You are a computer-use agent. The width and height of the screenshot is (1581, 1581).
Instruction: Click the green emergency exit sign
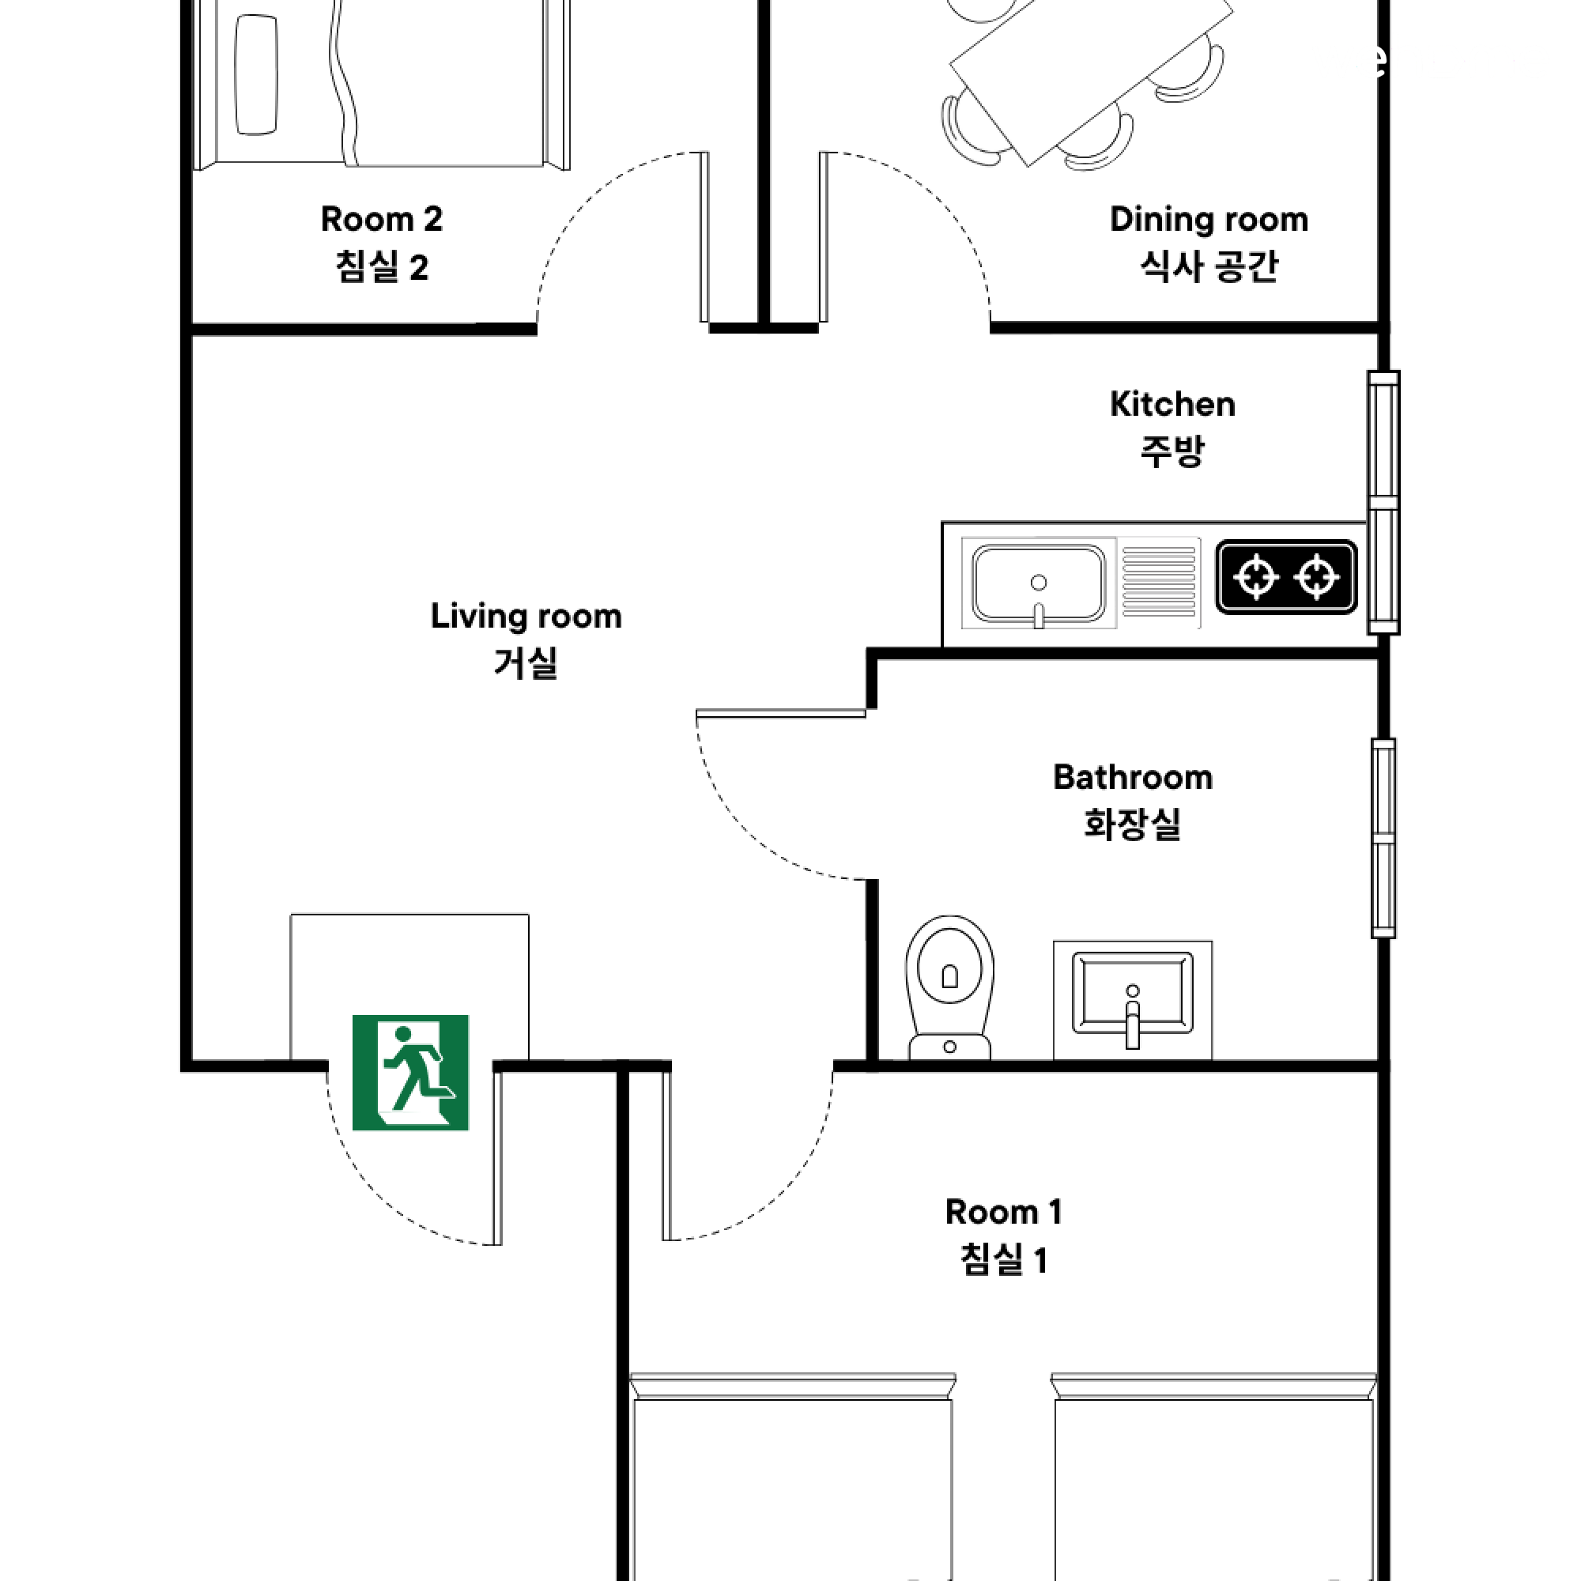click(x=410, y=1072)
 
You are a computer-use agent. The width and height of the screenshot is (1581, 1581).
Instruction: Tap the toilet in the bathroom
click(x=949, y=987)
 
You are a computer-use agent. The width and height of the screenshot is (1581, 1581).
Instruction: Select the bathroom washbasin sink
click(x=1133, y=1000)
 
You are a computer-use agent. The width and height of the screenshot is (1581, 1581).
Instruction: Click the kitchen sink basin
click(x=1039, y=583)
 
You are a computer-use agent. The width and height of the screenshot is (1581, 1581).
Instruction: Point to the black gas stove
click(x=1286, y=577)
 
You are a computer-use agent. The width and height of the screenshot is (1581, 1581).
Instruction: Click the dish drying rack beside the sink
click(x=1159, y=582)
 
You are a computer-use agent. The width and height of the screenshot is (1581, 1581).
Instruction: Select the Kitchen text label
click(x=1172, y=404)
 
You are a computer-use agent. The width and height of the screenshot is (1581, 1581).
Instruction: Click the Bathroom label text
click(x=1133, y=777)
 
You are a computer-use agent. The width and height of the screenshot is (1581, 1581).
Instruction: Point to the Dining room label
click(x=1209, y=219)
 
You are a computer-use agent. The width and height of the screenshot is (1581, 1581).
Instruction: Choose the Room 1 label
click(x=1003, y=1212)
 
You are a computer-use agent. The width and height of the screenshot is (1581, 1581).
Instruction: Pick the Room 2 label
click(x=381, y=219)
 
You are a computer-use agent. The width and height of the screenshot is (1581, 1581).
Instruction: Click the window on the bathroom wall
click(x=1383, y=838)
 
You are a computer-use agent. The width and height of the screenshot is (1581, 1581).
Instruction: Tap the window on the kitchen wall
click(x=1383, y=503)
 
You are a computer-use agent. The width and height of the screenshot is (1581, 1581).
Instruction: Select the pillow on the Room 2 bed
click(x=255, y=74)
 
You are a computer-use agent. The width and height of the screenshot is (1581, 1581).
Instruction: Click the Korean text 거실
click(x=526, y=663)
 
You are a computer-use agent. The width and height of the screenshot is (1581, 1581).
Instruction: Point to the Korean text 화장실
click(x=1133, y=824)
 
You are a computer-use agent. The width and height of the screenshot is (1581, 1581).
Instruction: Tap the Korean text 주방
click(x=1172, y=451)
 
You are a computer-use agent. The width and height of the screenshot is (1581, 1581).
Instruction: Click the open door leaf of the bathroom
click(x=781, y=714)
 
